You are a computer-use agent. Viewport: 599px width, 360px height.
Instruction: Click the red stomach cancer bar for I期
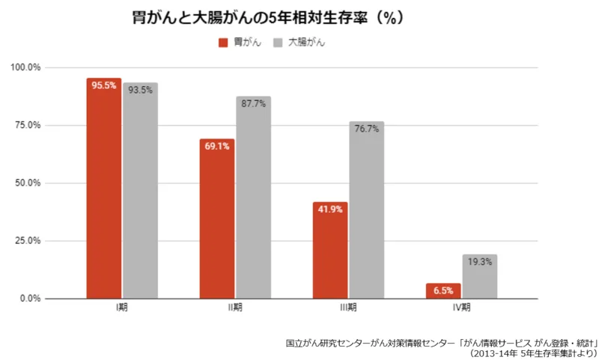pos(104,188)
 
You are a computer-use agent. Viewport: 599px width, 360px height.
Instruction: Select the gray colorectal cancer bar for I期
pos(140,191)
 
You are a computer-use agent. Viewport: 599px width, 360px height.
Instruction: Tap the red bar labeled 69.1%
pos(217,219)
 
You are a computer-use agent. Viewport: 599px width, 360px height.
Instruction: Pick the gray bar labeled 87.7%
pos(253,198)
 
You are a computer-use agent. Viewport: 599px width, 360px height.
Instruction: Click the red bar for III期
pos(330,250)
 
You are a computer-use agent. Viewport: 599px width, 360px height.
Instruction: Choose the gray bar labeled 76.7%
pos(367,210)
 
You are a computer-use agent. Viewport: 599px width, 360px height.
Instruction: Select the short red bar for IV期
pos(443,291)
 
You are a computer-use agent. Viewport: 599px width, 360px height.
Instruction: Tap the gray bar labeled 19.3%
pos(480,276)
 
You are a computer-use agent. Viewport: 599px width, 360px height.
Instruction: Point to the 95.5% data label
pos(104,85)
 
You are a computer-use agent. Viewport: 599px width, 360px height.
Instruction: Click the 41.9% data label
pos(330,210)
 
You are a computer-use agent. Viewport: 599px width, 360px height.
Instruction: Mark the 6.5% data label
pos(443,290)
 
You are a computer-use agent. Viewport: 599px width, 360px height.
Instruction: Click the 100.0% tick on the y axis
pos(25,67)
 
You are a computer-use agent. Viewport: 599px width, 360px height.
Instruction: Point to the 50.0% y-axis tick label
pos(28,183)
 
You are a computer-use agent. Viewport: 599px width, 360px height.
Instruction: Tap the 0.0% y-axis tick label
pos(30,299)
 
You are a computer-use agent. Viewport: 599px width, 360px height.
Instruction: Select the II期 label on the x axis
pos(235,308)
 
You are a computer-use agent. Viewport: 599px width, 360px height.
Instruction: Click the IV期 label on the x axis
pos(461,308)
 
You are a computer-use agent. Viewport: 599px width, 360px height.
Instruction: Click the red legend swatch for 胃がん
pos(223,43)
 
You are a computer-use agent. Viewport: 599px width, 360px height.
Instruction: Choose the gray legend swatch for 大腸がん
pos(278,43)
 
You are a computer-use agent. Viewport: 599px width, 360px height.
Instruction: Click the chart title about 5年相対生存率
pos(268,17)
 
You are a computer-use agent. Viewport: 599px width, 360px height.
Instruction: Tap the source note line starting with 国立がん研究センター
pos(442,343)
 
